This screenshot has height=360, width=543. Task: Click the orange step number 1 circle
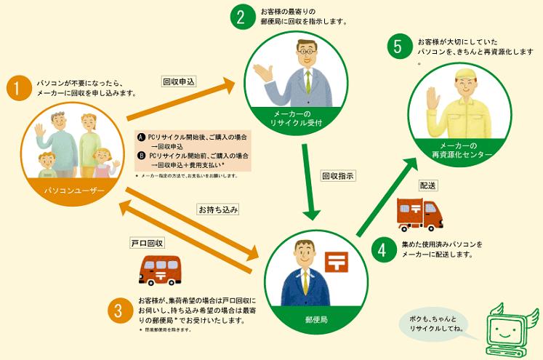pyautogui.click(x=19, y=88)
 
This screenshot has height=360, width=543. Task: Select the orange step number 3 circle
pyautogui.click(x=118, y=311)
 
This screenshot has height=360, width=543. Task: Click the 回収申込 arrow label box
pyautogui.click(x=180, y=81)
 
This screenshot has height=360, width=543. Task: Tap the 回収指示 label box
pyautogui.click(x=337, y=176)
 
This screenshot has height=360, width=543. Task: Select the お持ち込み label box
pyautogui.click(x=218, y=209)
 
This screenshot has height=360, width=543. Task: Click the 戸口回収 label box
pyautogui.click(x=147, y=243)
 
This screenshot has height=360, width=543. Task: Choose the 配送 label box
pyautogui.click(x=428, y=185)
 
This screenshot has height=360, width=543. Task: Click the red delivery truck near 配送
pyautogui.click(x=419, y=215)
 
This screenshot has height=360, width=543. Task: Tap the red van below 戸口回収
pyautogui.click(x=160, y=271)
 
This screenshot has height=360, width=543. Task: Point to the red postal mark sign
pyautogui.click(x=337, y=263)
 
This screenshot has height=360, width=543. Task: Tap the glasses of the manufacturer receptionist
pyautogui.click(x=307, y=52)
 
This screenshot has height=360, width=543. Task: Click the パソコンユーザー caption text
pyautogui.click(x=74, y=191)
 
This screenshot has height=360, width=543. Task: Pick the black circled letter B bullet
pyautogui.click(x=141, y=156)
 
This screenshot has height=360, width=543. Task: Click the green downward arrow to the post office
pyautogui.click(x=308, y=182)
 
